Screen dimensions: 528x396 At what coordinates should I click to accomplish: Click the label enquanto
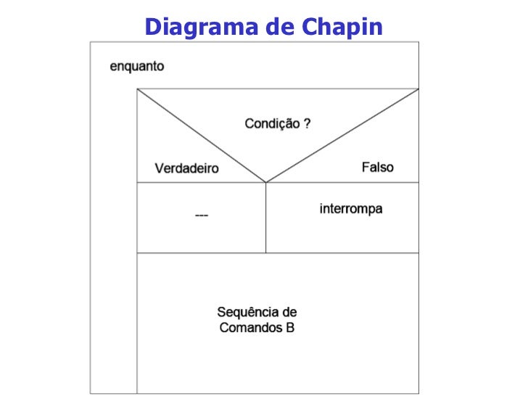[137, 67]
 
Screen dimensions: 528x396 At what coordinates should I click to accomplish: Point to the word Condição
[271, 124]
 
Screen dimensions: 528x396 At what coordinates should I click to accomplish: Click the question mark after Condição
[307, 124]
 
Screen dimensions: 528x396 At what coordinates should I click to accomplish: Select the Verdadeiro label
[186, 169]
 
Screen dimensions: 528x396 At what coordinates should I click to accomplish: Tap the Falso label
[377, 168]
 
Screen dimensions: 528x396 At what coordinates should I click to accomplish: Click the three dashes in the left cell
[202, 216]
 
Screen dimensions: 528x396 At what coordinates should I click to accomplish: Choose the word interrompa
[351, 210]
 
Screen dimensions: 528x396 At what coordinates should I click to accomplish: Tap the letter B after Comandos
[290, 328]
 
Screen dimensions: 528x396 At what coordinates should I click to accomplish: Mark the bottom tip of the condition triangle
[266, 182]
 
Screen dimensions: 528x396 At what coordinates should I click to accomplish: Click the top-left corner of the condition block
[138, 89]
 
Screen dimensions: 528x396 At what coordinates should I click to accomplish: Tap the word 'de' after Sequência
[289, 313]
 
